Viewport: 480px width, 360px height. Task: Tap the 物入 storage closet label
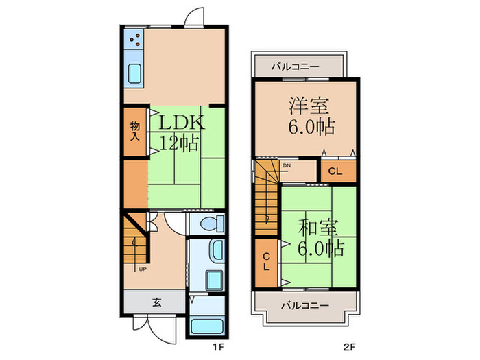pos(135,130)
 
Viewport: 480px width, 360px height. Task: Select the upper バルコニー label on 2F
pos(295,67)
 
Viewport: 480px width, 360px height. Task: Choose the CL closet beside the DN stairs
pos(337,171)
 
